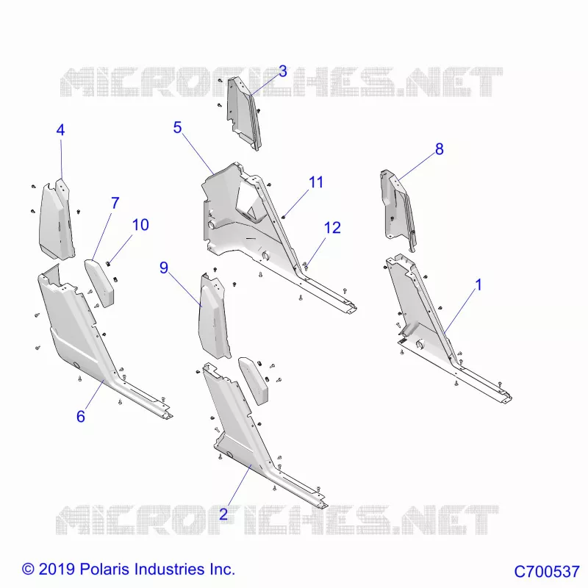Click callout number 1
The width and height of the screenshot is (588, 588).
[478, 284]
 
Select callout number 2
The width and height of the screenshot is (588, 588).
[223, 514]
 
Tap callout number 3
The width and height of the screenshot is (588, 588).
[283, 71]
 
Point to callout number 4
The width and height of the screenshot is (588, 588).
[60, 130]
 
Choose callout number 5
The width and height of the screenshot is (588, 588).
[177, 127]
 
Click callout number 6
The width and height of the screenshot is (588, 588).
[81, 416]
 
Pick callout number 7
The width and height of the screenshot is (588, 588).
[115, 204]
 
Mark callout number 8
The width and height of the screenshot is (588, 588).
[440, 149]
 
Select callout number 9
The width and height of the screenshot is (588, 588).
[164, 268]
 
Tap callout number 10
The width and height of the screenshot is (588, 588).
[140, 225]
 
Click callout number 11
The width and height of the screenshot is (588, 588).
[316, 182]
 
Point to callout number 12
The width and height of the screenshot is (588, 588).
[332, 228]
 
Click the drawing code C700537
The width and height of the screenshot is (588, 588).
[546, 572]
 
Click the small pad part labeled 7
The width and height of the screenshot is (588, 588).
[100, 283]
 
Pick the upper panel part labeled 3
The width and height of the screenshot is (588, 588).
[244, 113]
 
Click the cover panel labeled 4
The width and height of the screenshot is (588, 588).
[57, 219]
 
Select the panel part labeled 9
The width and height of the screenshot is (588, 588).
[214, 316]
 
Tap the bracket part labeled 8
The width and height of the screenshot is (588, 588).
[398, 210]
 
